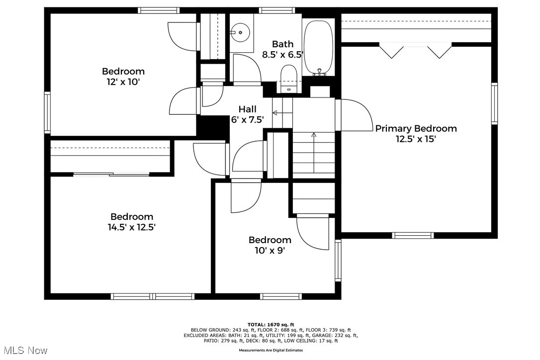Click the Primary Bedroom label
(416, 128)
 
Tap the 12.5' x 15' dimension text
(416, 139)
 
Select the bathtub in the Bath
(319, 48)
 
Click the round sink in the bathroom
(240, 32)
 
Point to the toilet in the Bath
(288, 79)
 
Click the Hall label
(247, 109)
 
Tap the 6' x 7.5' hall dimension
(247, 120)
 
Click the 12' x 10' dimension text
(123, 82)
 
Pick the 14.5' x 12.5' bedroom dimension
(132, 227)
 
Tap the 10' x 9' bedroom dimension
(270, 251)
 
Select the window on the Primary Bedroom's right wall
(495, 103)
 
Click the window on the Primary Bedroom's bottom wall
(413, 235)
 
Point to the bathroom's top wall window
(277, 10)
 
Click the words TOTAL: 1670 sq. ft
(270, 325)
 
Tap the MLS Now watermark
(26, 351)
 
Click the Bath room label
(283, 44)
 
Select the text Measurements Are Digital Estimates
(270, 351)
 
